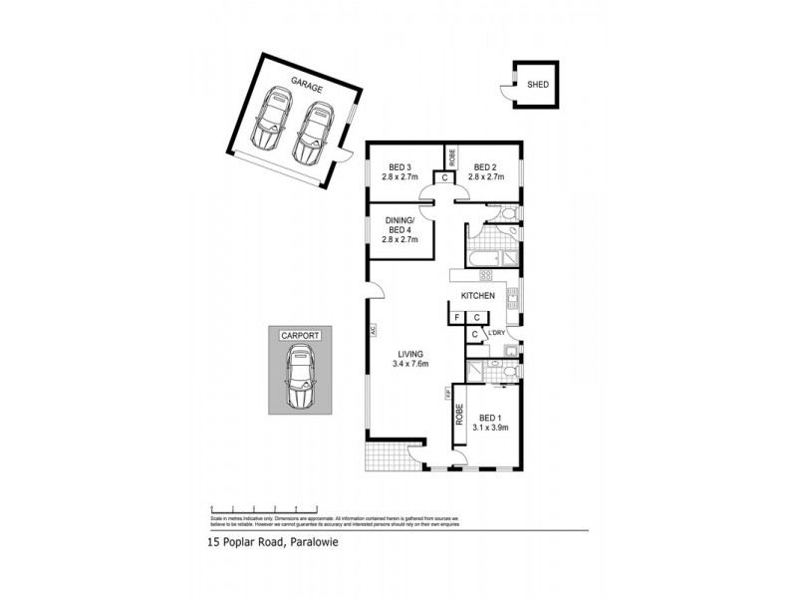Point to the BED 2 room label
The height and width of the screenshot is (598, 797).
[x=485, y=166]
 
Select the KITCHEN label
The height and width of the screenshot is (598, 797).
[x=477, y=296]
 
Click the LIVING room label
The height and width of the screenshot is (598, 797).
[x=411, y=354]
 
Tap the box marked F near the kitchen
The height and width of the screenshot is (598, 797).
[x=456, y=318]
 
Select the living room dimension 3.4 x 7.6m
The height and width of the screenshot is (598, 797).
[x=411, y=366]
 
